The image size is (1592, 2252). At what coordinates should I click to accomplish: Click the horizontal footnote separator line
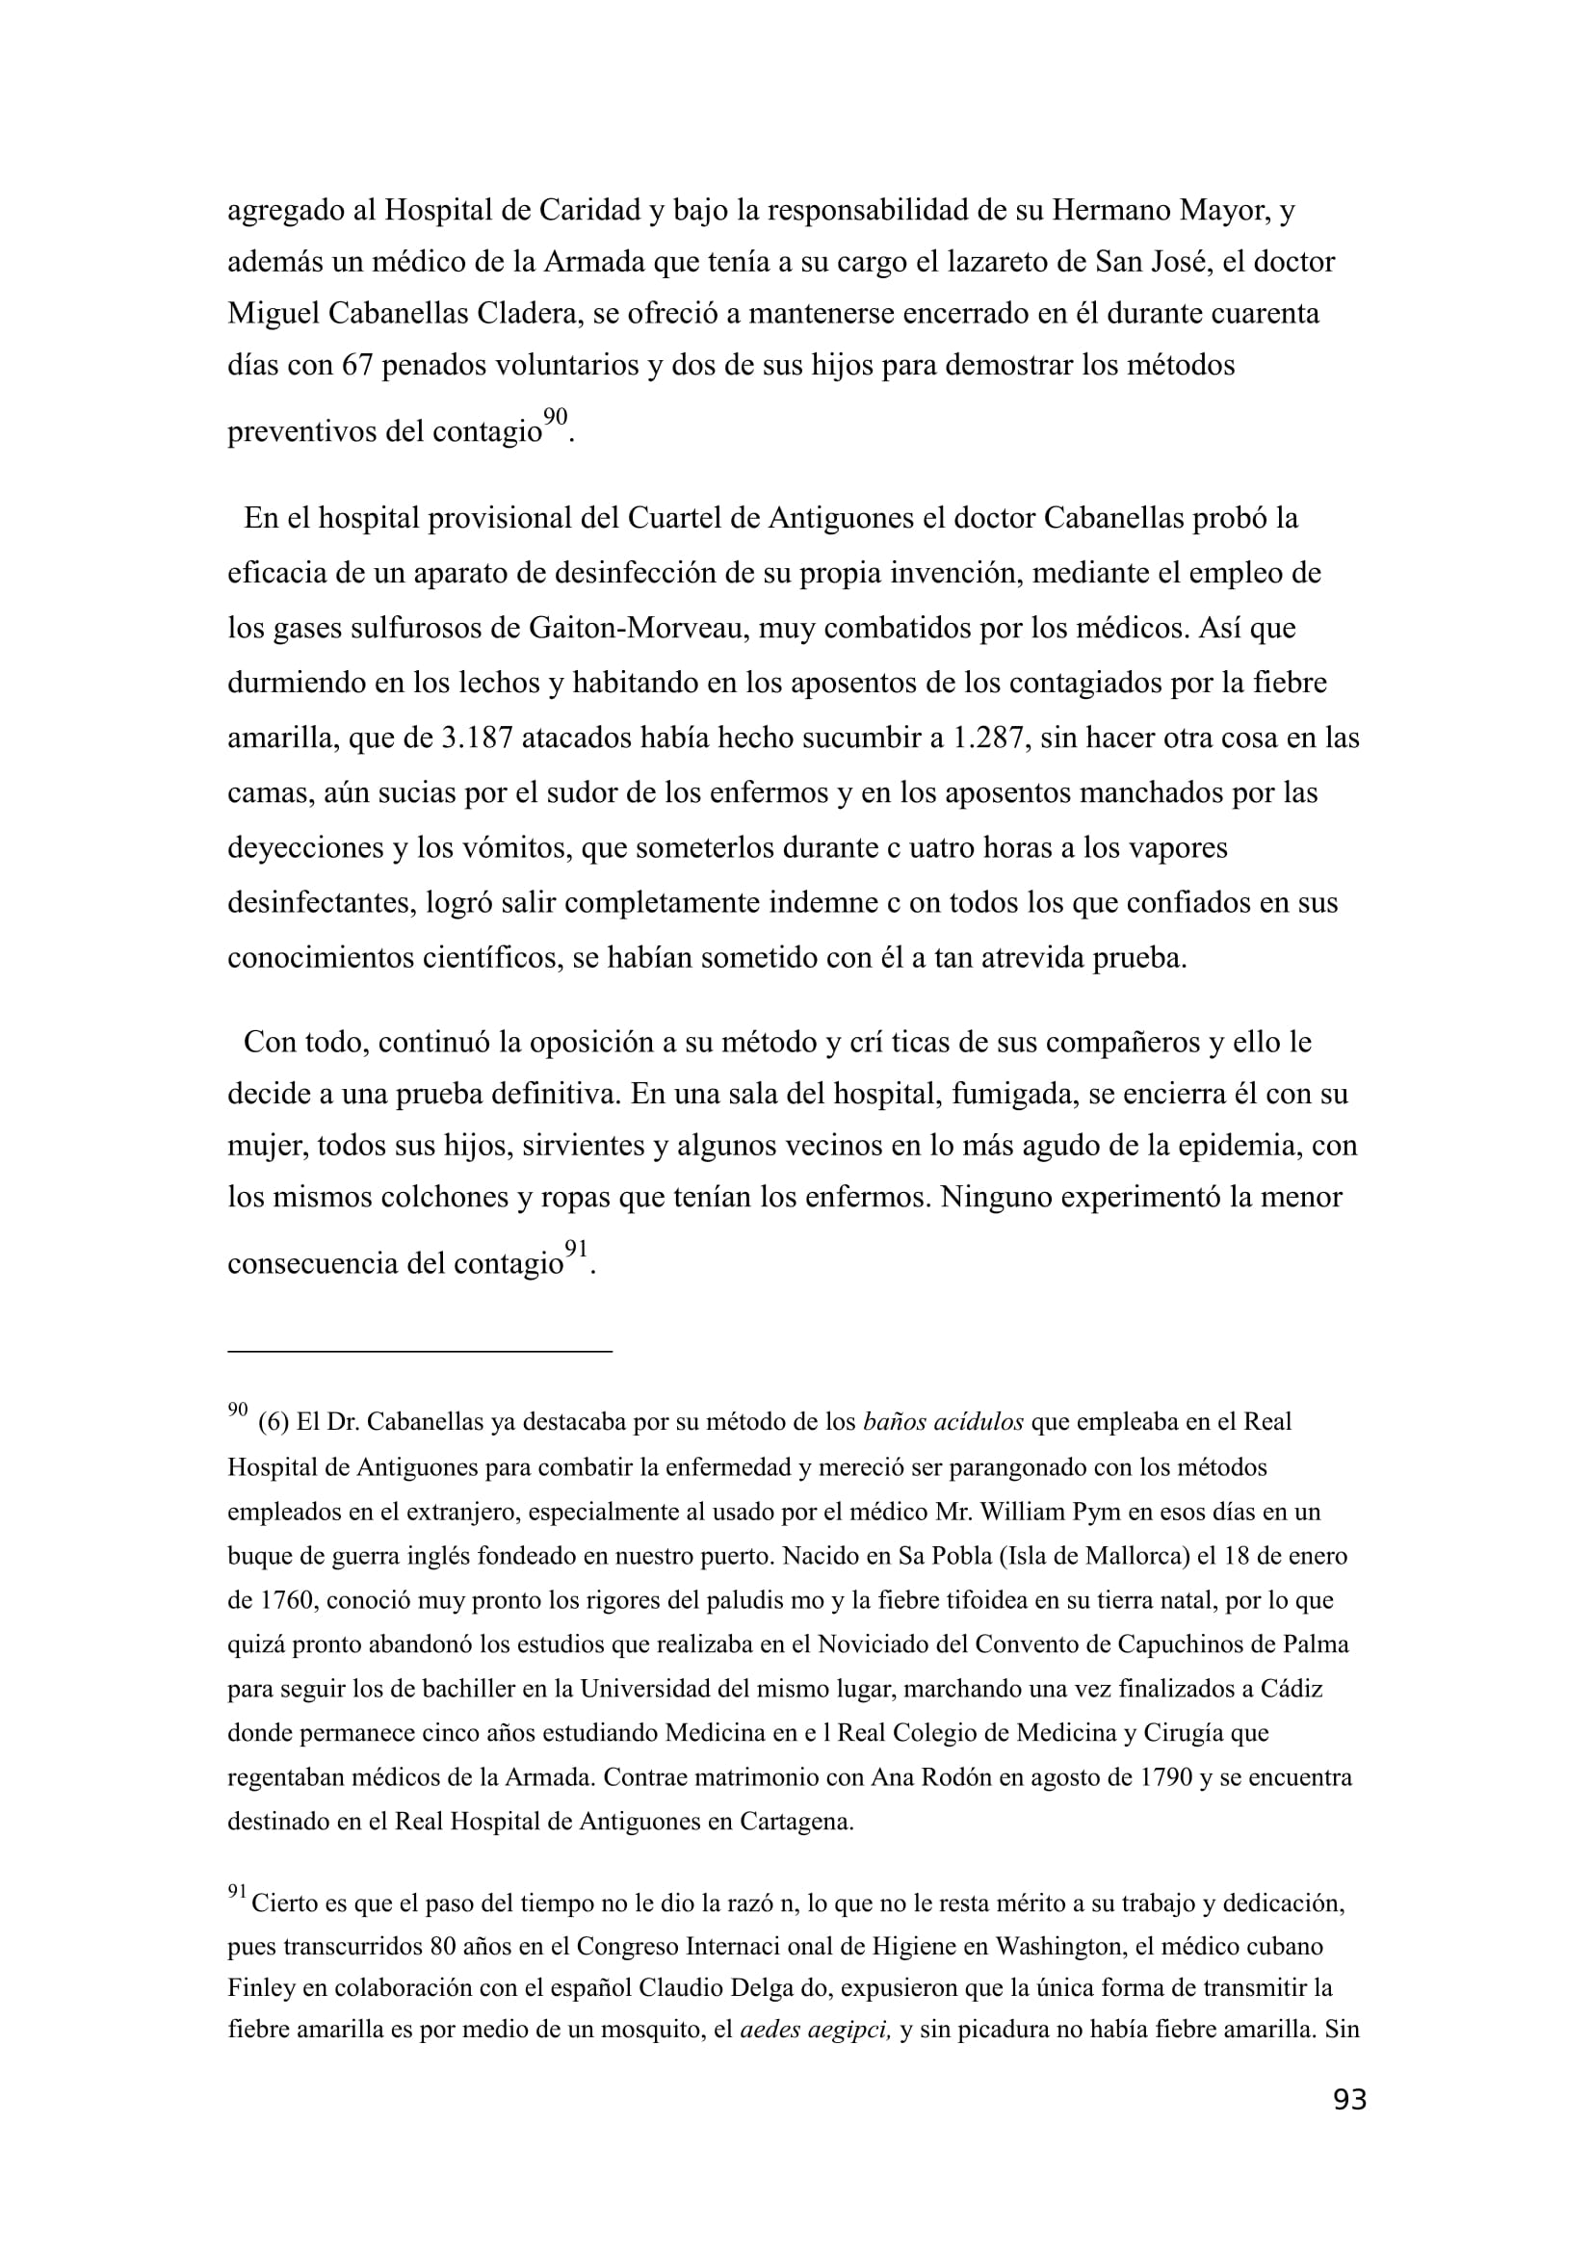419,1351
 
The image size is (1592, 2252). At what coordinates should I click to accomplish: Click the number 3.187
477,738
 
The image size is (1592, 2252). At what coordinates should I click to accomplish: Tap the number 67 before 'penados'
356,366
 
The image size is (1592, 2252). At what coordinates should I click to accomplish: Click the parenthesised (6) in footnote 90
273,1422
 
